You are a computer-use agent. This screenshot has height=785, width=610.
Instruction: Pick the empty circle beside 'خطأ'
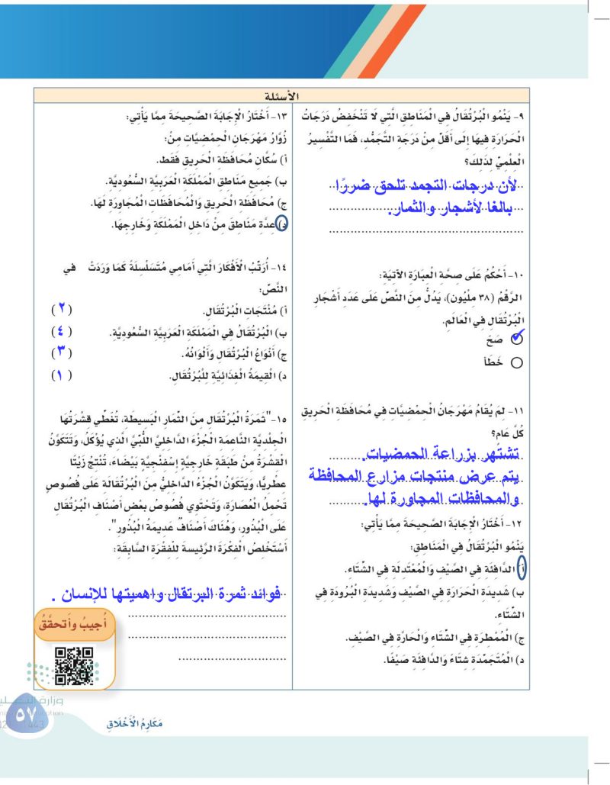516,363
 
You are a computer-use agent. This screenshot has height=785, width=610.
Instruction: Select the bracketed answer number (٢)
61,310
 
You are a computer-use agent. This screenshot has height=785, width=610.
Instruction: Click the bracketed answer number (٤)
61,332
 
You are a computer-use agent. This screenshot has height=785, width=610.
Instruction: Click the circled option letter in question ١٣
281,224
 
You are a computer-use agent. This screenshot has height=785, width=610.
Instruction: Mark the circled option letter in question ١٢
521,568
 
